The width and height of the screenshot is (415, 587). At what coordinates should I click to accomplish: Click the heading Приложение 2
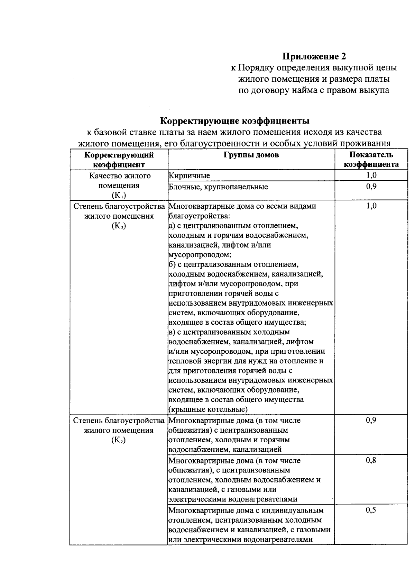tap(314, 56)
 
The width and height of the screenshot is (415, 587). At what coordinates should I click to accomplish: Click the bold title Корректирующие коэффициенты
tap(234, 121)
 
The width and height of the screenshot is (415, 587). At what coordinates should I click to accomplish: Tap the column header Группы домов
tap(251, 155)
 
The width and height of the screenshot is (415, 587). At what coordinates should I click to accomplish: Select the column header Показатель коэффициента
tap(371, 159)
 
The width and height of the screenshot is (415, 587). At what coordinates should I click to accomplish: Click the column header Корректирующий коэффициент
tap(119, 159)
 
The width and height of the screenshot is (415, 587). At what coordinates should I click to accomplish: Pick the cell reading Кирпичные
tap(189, 175)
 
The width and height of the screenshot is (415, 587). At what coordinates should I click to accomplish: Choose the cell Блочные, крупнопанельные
tap(218, 187)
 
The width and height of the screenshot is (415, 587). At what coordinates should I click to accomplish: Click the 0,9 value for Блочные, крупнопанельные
tap(371, 187)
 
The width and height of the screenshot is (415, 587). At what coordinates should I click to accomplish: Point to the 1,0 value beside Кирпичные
tap(371, 175)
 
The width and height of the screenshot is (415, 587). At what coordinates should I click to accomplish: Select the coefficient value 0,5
tap(371, 510)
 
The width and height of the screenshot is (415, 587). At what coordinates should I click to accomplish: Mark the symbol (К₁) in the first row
tap(119, 196)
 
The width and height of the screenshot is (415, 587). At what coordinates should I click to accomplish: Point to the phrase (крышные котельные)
tap(208, 409)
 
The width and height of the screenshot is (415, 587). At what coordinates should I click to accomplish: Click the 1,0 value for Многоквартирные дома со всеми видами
tap(371, 206)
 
